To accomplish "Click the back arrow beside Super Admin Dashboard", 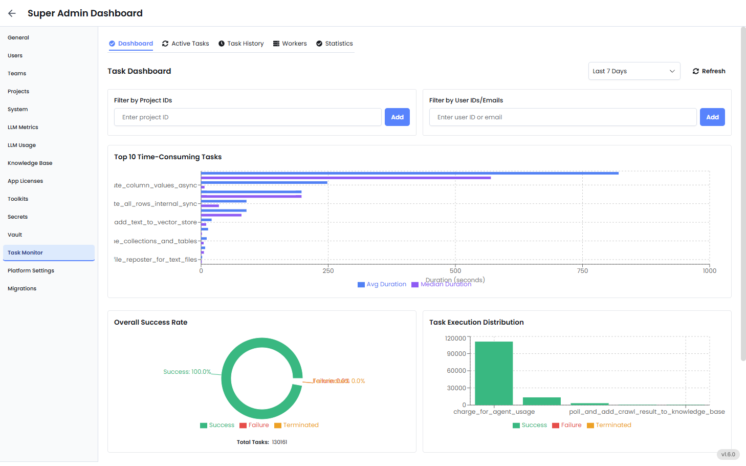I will tap(12, 13).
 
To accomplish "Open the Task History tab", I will tap(241, 44).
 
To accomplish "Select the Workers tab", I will tap(290, 44).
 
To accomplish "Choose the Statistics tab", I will tap(334, 44).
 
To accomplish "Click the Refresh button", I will tap(709, 71).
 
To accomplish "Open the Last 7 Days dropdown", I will tap(634, 71).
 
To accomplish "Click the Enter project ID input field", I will tap(248, 117).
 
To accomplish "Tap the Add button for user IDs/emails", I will tap(712, 117).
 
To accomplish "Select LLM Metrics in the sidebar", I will tap(23, 128).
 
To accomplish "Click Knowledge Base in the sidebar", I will tap(30, 163).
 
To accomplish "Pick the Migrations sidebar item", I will tap(22, 289).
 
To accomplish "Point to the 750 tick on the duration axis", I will tap(582, 271).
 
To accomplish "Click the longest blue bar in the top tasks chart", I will tap(409, 173).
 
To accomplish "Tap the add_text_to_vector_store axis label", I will tap(156, 222).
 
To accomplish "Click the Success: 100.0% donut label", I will tap(187, 372).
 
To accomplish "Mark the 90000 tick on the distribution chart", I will tap(456, 354).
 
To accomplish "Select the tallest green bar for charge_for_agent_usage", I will tap(494, 373).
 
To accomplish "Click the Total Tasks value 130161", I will tap(279, 442).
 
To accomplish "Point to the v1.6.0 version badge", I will tap(728, 454).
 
